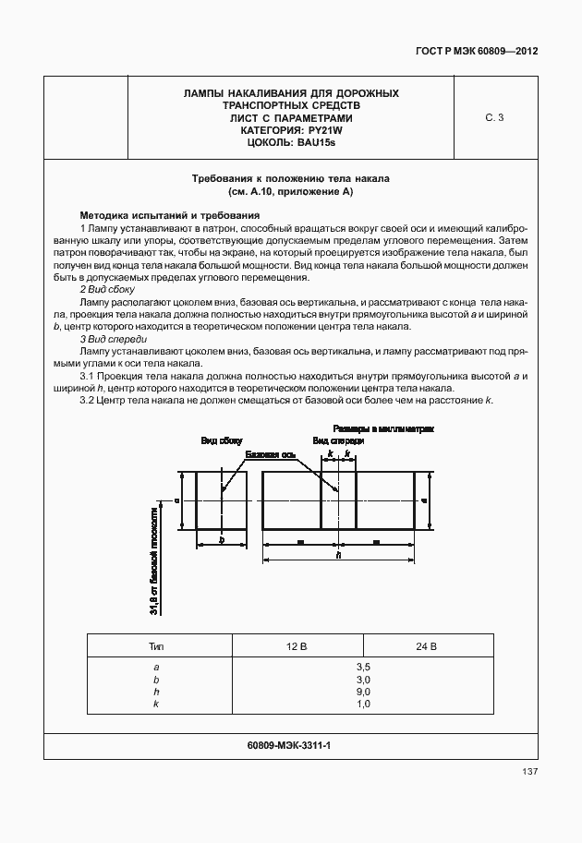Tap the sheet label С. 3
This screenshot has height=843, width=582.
(x=494, y=117)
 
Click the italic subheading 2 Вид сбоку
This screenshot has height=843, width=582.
(x=108, y=290)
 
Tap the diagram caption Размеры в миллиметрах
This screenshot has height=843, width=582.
(x=383, y=429)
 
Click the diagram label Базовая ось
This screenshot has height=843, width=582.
(x=270, y=455)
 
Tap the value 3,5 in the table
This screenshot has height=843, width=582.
(x=362, y=666)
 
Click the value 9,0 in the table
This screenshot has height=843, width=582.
(x=362, y=692)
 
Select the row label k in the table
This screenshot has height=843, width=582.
(x=157, y=705)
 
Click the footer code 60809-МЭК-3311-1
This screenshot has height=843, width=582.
(x=290, y=744)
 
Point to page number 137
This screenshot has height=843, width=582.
(x=528, y=771)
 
